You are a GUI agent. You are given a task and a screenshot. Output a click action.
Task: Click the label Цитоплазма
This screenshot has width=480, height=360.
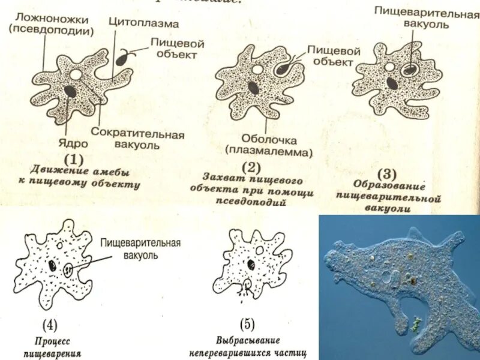(x=143, y=25)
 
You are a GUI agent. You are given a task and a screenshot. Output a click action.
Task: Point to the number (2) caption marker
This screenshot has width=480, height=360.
(x=252, y=166)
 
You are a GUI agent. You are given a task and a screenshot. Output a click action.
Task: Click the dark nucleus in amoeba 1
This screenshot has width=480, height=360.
(x=70, y=92)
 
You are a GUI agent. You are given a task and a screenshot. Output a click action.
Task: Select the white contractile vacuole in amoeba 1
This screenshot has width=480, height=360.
(x=76, y=74)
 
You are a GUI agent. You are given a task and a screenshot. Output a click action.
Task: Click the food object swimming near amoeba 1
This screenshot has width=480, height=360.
(x=122, y=59)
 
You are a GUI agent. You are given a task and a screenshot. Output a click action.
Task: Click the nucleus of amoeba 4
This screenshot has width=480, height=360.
(x=53, y=265)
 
